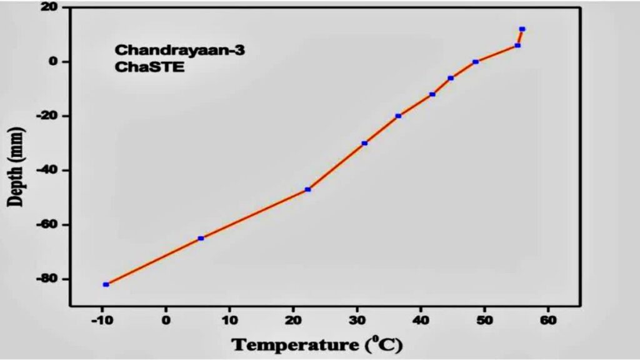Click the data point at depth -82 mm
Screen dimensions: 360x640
point(106,284)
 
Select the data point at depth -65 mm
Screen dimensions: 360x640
point(201,238)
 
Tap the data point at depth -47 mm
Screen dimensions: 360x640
point(307,189)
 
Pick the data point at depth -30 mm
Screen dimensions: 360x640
point(364,143)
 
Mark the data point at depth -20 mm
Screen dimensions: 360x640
point(398,116)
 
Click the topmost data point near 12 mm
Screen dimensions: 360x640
point(522,29)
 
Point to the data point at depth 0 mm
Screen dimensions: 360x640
point(476,62)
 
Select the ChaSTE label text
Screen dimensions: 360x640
point(149,67)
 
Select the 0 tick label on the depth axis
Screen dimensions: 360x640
point(55,62)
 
